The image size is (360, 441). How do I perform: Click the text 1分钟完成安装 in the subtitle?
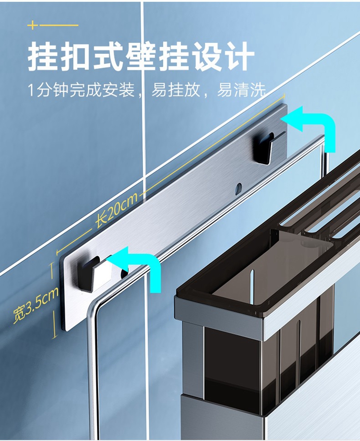click(x=82, y=90)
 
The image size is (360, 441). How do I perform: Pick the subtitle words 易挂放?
click(x=176, y=90)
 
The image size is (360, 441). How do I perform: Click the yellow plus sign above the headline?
click(x=32, y=25)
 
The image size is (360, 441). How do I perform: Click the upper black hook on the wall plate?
click(x=264, y=146)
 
